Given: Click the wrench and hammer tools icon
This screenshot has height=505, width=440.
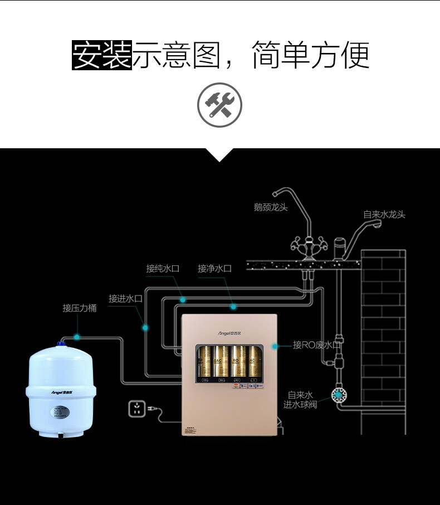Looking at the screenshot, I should [219, 105].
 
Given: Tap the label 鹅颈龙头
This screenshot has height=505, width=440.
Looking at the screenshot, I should [271, 207].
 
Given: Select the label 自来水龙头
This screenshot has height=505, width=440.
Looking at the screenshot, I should [384, 215].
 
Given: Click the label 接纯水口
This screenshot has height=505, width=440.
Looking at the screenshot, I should [163, 269].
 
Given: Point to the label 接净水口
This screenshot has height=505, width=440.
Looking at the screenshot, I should [214, 269].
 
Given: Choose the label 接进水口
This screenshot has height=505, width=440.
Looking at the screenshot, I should [125, 299].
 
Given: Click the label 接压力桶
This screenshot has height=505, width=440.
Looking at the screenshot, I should [79, 308].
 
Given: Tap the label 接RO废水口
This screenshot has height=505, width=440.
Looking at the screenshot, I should [316, 345].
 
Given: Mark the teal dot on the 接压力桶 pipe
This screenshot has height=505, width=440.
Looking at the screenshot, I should [77, 337].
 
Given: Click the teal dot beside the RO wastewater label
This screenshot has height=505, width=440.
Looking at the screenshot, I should [275, 346].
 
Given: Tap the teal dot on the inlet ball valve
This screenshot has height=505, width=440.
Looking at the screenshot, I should [338, 395].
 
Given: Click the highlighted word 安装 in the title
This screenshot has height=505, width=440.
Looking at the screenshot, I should [102, 55].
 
